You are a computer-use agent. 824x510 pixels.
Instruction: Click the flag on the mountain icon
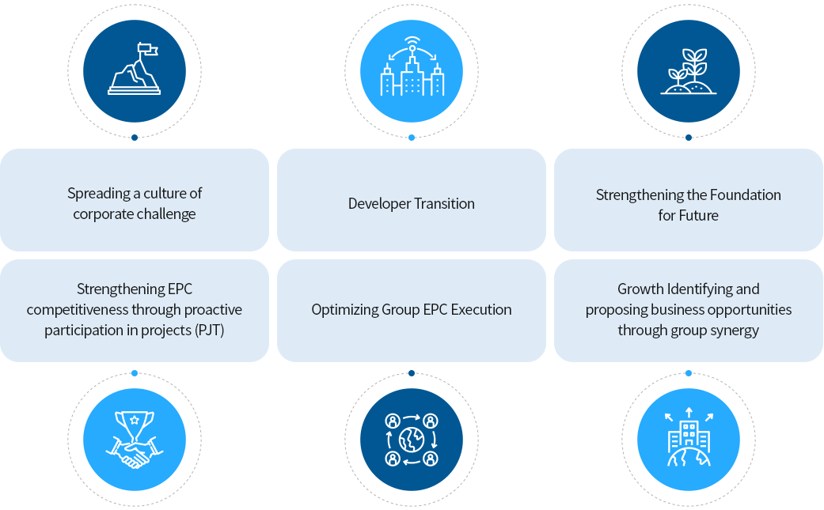click(x=147, y=50)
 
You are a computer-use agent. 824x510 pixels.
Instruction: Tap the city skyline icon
click(x=412, y=71)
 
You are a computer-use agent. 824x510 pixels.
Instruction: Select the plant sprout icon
click(x=689, y=71)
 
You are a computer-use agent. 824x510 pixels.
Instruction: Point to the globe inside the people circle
click(x=412, y=440)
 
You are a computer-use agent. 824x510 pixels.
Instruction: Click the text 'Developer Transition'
click(x=412, y=204)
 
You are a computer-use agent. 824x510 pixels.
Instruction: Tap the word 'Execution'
click(x=481, y=310)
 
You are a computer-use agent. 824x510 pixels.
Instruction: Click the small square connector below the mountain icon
click(x=134, y=138)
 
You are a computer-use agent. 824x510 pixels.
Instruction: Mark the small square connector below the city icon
click(x=411, y=138)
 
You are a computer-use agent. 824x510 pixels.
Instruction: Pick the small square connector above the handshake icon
click(x=134, y=372)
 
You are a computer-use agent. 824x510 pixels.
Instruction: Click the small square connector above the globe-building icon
click(x=688, y=372)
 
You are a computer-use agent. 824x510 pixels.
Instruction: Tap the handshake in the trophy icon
click(x=134, y=454)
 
